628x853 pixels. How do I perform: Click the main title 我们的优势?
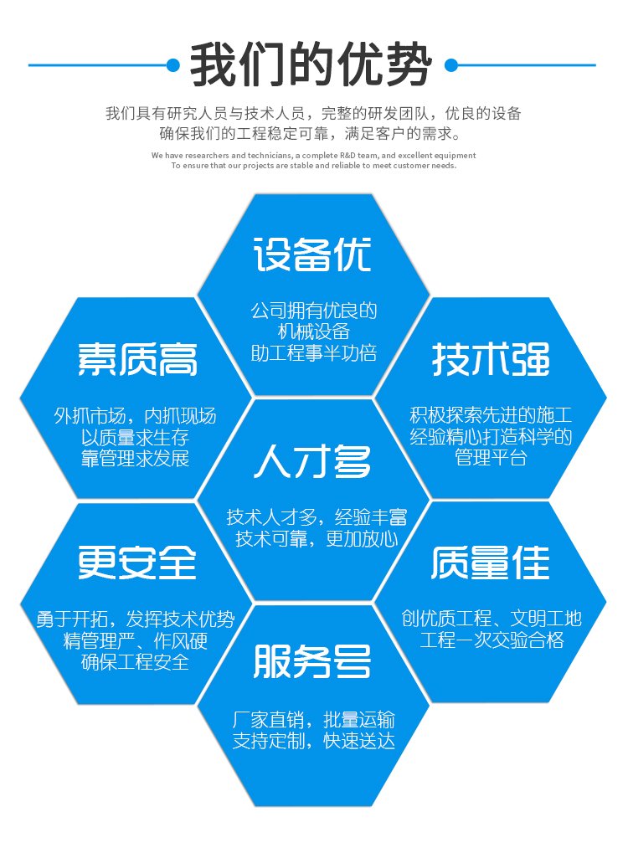311,64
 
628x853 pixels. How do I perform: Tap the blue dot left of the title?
173,65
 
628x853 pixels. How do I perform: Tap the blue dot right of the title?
451,65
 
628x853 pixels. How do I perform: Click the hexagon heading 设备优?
312,254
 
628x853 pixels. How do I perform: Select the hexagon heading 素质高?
137,359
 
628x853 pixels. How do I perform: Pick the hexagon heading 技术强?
491,359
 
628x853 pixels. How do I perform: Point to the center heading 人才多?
313,461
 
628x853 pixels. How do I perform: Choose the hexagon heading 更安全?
137,563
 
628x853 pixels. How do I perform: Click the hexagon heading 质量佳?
491,563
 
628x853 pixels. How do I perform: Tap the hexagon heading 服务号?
312,661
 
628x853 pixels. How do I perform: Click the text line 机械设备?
313,331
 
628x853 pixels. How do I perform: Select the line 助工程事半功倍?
313,353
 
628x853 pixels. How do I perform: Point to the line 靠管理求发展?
135,458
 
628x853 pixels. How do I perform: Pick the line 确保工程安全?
135,661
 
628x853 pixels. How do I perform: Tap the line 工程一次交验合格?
492,640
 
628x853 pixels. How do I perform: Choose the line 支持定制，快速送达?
313,740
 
